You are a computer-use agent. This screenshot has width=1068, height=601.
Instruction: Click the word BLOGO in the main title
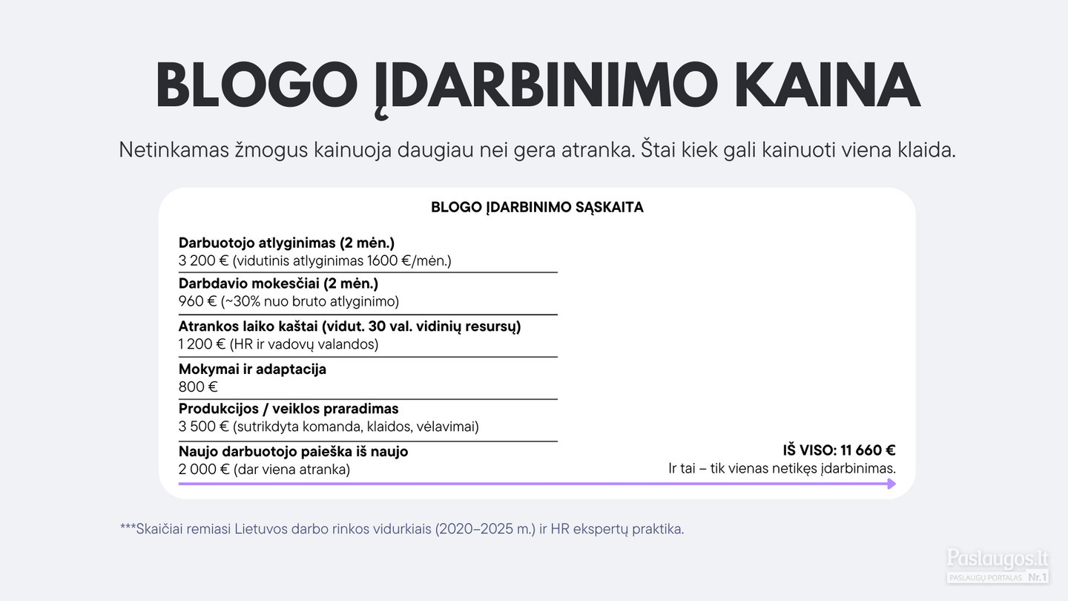257,85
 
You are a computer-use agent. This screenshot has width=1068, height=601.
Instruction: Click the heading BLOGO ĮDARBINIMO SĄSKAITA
537,208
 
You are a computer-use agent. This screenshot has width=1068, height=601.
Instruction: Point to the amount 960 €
197,301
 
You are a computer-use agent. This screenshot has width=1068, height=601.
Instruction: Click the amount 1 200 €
202,344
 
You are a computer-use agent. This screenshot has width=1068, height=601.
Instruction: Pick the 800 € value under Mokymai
198,387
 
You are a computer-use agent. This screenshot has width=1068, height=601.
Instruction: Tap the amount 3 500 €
203,427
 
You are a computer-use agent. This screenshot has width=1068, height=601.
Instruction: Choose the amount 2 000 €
204,470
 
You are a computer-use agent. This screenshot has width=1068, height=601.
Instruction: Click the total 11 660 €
868,450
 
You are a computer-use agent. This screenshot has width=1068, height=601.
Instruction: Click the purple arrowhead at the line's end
891,484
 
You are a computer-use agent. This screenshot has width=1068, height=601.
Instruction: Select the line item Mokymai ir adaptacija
252,370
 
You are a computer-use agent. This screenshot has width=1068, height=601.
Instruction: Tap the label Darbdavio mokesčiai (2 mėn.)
278,283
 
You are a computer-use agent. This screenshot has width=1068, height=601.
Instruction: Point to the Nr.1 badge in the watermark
1037,577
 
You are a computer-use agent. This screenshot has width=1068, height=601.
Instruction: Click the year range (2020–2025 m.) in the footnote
485,529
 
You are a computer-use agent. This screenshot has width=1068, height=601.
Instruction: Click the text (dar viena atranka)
291,470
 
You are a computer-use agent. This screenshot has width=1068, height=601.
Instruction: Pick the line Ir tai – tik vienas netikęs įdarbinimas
782,468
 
